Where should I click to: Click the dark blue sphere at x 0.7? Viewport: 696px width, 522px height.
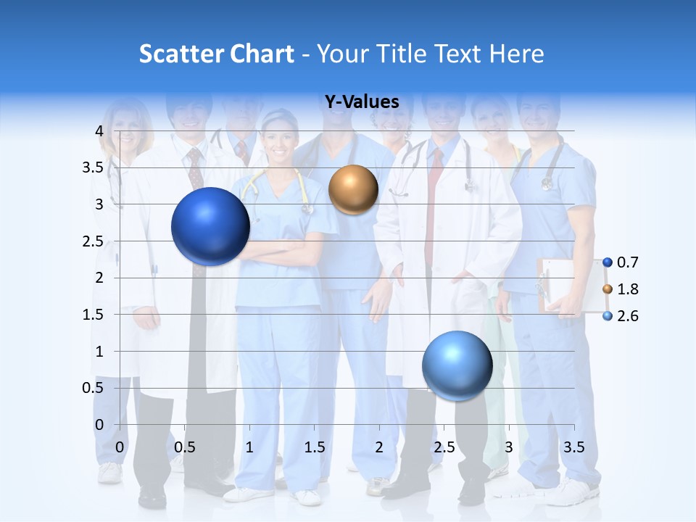click(210, 226)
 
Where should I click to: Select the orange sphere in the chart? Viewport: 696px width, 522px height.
click(353, 190)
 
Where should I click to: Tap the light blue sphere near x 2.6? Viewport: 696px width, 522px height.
click(457, 365)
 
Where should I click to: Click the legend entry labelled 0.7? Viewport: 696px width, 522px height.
click(621, 262)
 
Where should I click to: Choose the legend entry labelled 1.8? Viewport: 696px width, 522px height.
click(621, 289)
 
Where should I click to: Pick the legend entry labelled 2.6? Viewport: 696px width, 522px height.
click(621, 316)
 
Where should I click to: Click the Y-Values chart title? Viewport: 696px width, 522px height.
click(362, 102)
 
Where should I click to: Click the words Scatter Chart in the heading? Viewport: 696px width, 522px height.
click(217, 54)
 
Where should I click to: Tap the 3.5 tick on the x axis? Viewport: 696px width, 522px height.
click(573, 447)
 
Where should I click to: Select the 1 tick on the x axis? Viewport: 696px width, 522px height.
click(249, 447)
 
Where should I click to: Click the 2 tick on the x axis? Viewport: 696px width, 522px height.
click(379, 447)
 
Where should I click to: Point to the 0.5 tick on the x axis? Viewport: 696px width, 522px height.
click(184, 447)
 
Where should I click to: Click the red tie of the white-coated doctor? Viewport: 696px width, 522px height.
click(434, 203)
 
